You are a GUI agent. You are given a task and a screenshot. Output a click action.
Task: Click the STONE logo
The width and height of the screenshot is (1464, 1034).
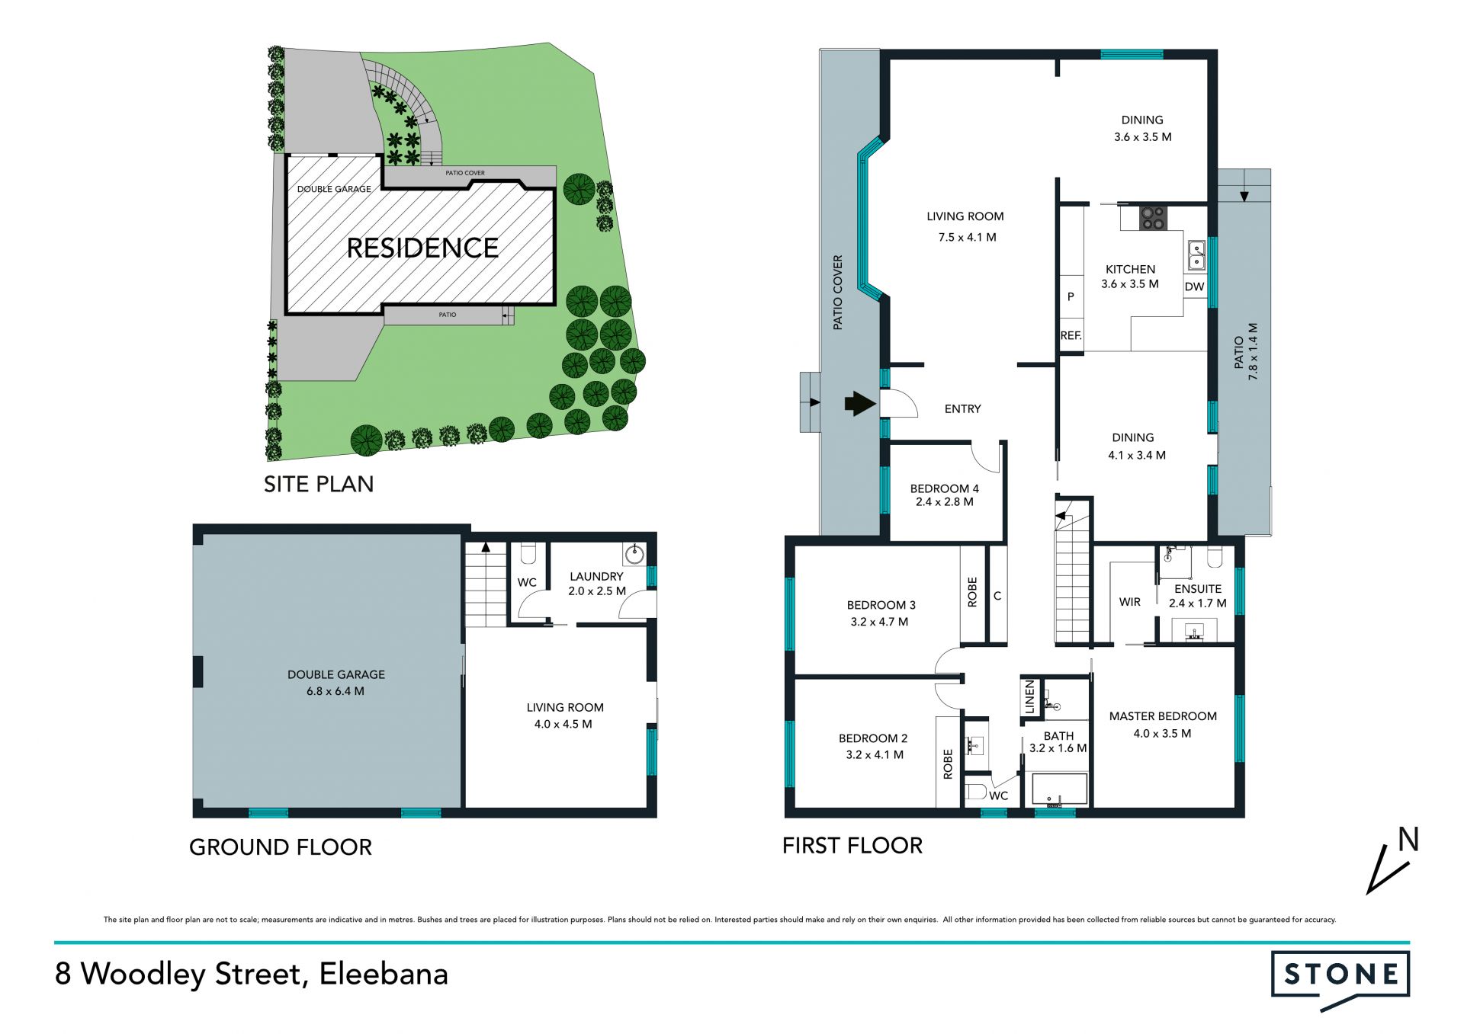pos(1340,978)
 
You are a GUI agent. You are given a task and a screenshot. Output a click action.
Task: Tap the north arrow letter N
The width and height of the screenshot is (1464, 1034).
pos(1408,840)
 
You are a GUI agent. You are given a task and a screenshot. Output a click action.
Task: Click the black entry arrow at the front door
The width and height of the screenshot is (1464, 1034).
pos(860,403)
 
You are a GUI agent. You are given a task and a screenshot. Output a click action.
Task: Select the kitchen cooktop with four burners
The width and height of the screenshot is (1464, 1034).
pos(1152,218)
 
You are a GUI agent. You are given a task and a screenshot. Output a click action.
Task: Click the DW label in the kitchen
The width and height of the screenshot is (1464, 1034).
pos(1194,287)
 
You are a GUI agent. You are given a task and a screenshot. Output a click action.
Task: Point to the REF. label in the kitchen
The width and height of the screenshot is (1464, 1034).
pos(1071,335)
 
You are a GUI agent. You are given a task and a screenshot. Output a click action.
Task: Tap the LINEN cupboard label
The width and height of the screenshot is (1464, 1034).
pos(1029,697)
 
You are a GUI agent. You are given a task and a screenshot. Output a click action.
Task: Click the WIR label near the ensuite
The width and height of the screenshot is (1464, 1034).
pos(1129,602)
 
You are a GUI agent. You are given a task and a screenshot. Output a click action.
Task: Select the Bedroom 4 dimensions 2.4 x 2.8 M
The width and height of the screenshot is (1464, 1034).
pos(944,502)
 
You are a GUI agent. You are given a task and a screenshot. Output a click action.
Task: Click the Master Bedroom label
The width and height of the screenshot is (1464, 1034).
pos(1163,716)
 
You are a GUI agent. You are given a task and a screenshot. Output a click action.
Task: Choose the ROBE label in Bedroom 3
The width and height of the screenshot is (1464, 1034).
pos(972,592)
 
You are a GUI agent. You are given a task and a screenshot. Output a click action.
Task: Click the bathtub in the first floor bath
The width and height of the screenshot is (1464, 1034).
pos(1059,789)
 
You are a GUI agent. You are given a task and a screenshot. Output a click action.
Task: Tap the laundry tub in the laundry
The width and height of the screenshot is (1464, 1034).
pos(634,552)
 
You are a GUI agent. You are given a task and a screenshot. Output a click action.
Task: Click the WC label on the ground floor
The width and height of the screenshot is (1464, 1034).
pos(527,582)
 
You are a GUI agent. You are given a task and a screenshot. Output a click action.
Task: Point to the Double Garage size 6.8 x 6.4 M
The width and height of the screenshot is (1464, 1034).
pos(335,692)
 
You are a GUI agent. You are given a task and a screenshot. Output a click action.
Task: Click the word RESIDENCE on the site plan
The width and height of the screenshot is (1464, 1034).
pos(422,248)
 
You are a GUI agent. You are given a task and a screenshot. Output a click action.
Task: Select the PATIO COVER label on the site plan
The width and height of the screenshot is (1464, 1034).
pos(465,173)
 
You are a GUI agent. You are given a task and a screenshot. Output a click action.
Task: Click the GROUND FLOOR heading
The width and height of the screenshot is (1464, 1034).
pos(281,847)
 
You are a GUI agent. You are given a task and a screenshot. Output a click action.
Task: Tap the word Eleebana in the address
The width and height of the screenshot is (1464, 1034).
pos(384,975)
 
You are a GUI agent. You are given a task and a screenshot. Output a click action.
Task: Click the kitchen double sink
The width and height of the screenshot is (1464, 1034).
pos(1196,256)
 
